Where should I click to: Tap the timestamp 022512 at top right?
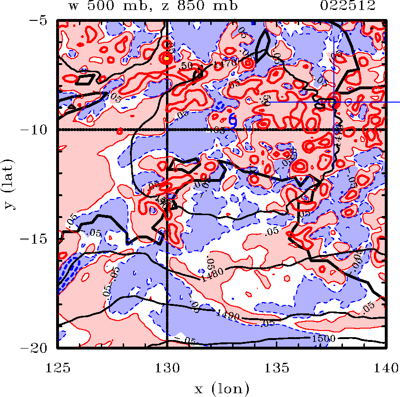coord(348,7)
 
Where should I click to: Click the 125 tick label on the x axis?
coord(58,367)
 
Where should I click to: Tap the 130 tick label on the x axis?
coord(167,367)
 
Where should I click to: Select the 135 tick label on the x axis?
coord(276,367)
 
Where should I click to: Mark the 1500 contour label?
coord(324,338)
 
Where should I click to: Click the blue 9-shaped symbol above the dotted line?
coord(233,120)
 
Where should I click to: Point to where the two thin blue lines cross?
coord(334,102)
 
